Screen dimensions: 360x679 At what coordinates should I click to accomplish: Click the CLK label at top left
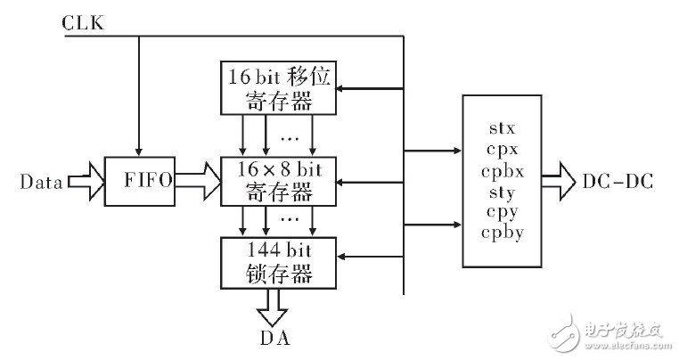pyautogui.click(x=84, y=22)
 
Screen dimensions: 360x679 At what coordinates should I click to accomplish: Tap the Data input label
pyautogui.click(x=40, y=183)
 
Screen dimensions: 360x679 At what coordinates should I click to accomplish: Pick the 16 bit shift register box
pyautogui.click(x=277, y=88)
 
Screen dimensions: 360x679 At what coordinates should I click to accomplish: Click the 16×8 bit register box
pyautogui.click(x=277, y=181)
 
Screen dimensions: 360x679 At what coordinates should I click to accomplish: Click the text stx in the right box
pyautogui.click(x=501, y=128)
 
